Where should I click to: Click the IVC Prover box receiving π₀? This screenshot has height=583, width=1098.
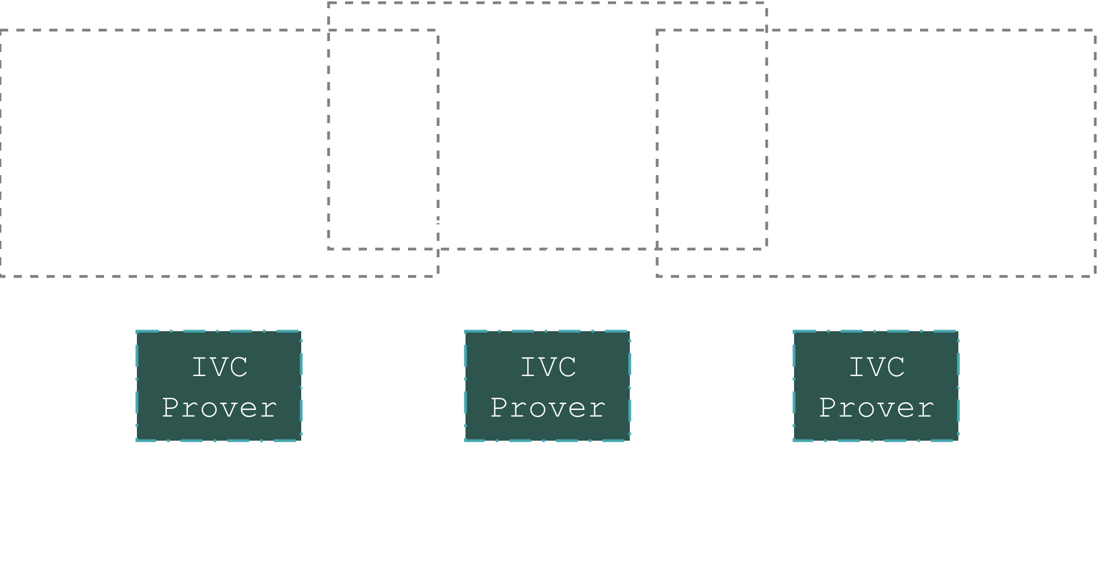click(x=219, y=386)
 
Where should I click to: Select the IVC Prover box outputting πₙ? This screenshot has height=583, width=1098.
click(x=876, y=386)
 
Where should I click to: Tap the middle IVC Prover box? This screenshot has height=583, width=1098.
click(x=548, y=386)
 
